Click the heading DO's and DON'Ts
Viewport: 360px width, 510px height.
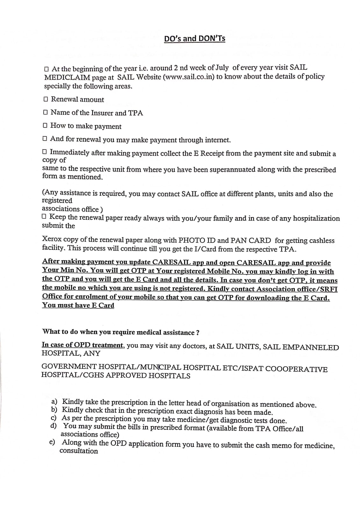click(195, 39)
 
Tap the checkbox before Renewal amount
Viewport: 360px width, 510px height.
click(46, 99)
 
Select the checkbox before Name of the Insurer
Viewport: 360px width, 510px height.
click(46, 113)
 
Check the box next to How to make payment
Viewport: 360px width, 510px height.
click(45, 126)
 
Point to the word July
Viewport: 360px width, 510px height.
click(222, 68)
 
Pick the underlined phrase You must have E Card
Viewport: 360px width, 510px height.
click(78, 305)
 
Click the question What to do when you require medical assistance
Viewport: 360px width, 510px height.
click(121, 332)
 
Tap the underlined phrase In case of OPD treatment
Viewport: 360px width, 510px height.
click(83, 345)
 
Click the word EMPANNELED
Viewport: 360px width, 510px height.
click(310, 347)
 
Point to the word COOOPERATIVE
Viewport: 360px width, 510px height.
click(296, 369)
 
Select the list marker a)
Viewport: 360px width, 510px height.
click(54, 402)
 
